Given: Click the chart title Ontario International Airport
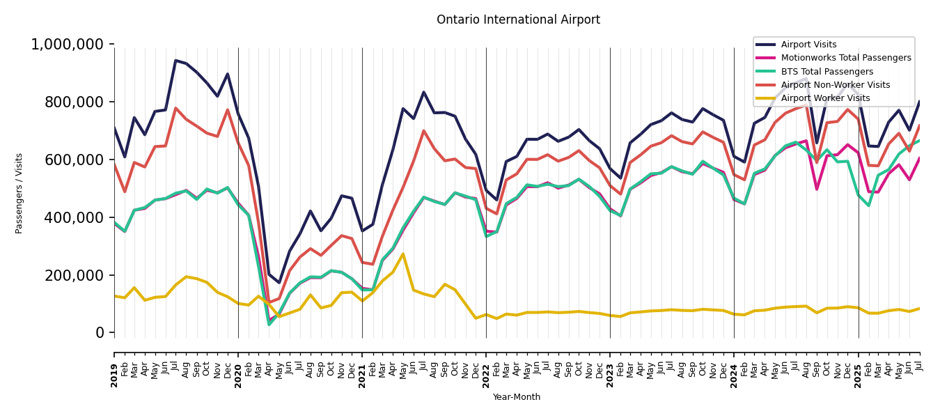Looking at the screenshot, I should tap(518, 20).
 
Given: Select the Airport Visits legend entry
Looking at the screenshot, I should tap(808, 45).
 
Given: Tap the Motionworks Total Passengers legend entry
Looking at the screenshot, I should tap(845, 58).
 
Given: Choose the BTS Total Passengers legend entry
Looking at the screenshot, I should tap(827, 72).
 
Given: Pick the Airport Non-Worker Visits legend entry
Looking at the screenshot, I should tap(835, 85).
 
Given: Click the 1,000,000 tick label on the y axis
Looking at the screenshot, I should tap(68, 45).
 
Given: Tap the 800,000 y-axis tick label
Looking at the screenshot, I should tap(72, 102).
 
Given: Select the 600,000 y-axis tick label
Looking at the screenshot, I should tap(72, 160).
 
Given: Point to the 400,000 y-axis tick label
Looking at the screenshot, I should tap(72, 218).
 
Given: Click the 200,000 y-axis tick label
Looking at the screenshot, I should tap(72, 276).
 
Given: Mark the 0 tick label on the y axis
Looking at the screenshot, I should tap(101, 333).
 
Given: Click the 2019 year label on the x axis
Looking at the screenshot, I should tap(114, 366).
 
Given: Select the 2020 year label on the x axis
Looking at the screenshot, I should tap(238, 366).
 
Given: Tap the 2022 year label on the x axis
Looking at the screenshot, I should tap(486, 366).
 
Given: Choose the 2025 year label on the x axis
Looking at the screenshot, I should tap(858, 366).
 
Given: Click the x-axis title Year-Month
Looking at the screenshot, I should tap(517, 397).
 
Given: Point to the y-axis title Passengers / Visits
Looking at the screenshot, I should tap(19, 193).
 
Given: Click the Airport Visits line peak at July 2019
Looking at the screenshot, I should tap(175, 61).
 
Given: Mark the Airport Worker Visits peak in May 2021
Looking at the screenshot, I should tap(402, 254).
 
